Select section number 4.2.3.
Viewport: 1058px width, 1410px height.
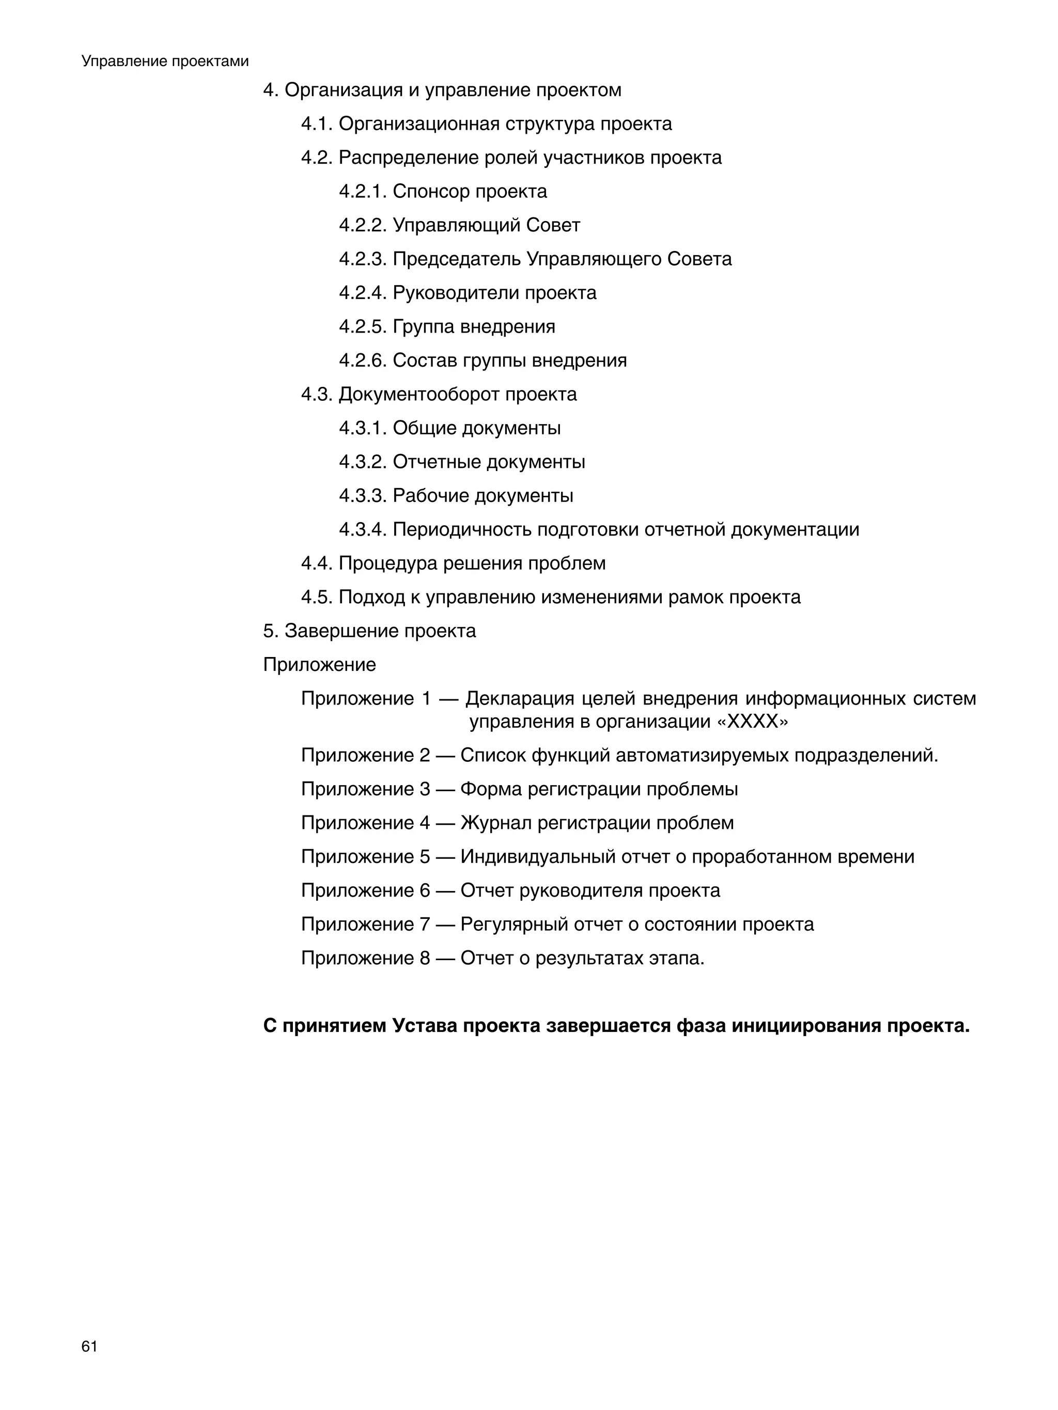362,259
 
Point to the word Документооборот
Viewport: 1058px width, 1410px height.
418,395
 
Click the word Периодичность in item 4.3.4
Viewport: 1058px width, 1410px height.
462,530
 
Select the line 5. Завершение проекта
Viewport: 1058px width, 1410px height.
369,631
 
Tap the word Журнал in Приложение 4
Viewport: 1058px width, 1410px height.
495,823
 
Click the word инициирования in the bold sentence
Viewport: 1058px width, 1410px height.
805,1026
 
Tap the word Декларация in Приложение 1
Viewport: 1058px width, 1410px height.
519,699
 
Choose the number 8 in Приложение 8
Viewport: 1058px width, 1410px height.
424,958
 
